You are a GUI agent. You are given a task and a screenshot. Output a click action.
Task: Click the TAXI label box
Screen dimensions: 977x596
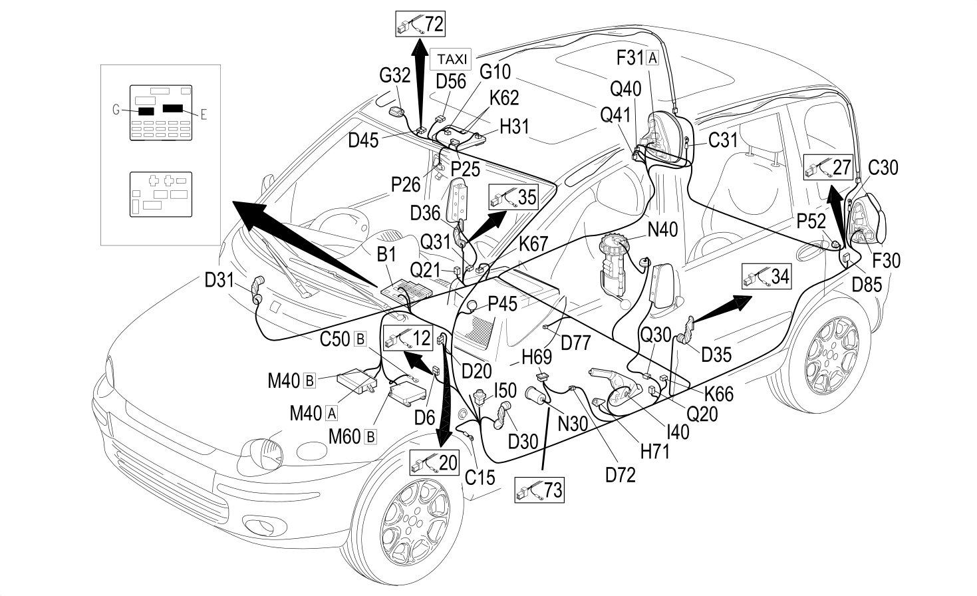tap(451, 59)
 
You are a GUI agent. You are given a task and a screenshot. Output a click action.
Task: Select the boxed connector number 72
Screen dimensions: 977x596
tap(420, 24)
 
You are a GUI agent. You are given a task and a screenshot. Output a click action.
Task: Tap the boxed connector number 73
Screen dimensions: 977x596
tap(539, 490)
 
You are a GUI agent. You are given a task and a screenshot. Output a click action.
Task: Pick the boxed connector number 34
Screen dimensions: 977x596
tap(767, 276)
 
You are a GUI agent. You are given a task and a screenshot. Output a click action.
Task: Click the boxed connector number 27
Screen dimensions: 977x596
tap(828, 167)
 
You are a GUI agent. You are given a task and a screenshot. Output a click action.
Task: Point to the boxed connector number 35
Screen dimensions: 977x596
tap(513, 197)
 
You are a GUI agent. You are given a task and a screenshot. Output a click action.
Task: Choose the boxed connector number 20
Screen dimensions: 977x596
tap(434, 462)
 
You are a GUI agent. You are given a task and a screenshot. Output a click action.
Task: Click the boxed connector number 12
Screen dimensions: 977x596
tap(408, 338)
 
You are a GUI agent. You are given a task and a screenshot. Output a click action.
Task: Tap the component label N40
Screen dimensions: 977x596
tap(662, 230)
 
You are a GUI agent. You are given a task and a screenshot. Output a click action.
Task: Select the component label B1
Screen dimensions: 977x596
tap(386, 254)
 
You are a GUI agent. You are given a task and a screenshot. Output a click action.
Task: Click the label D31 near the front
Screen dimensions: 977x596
tap(219, 280)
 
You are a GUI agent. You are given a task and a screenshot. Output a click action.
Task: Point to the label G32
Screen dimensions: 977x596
tap(395, 75)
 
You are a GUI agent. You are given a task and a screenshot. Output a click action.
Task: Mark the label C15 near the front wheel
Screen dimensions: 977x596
tap(480, 478)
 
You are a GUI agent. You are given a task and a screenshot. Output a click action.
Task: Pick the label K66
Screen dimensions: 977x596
tap(719, 394)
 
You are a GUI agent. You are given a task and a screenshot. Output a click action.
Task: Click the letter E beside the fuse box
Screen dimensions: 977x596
tap(204, 115)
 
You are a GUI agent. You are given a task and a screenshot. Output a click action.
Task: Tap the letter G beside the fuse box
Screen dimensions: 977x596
tap(116, 110)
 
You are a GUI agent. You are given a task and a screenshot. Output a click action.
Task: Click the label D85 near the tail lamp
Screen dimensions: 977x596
tap(867, 285)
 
